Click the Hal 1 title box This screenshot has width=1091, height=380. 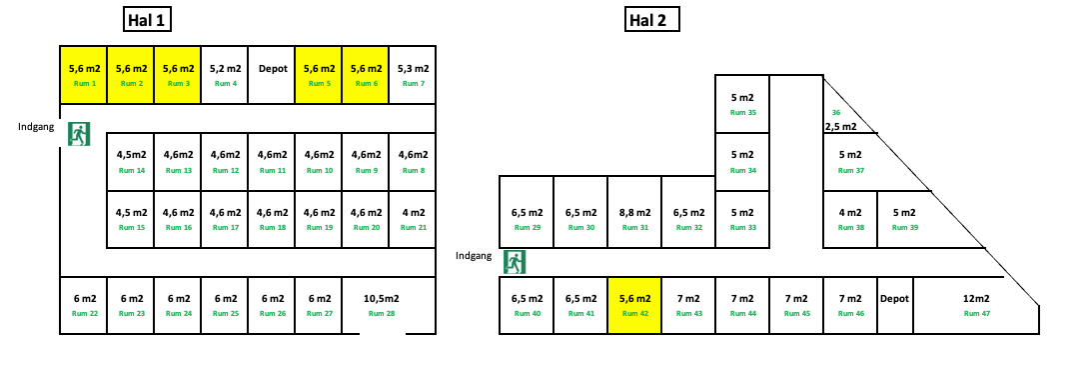tap(145, 20)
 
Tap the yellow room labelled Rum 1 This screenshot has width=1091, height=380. tap(83, 75)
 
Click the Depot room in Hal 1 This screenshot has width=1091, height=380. tap(272, 75)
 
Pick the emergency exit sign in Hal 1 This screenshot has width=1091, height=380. tap(79, 134)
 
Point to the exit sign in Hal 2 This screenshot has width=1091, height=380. tap(515, 262)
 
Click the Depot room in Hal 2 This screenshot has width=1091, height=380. tap(894, 304)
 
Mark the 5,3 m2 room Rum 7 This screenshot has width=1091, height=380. tap(413, 75)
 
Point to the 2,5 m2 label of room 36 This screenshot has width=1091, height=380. tap(840, 127)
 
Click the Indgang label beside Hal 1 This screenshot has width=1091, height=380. tap(36, 127)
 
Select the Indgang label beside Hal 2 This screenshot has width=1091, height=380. tap(474, 256)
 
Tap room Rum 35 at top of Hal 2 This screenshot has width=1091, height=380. tap(742, 104)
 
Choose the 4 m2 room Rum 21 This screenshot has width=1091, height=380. tap(413, 219)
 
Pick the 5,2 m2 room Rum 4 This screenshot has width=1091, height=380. tap(225, 75)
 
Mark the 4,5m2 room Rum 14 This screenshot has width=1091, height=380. tap(131, 161)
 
